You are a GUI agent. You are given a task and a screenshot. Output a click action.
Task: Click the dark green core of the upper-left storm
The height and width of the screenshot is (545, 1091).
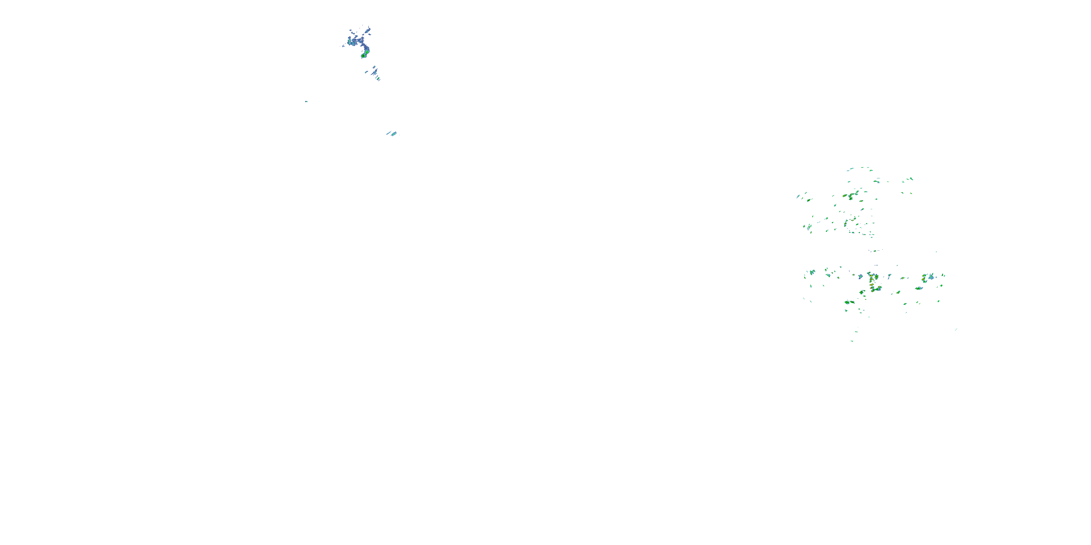tap(363, 55)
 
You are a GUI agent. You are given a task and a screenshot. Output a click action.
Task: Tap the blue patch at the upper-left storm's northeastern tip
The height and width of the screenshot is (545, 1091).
tap(368, 30)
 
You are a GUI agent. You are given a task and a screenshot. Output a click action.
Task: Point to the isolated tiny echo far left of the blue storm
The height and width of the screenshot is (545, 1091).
tap(306, 102)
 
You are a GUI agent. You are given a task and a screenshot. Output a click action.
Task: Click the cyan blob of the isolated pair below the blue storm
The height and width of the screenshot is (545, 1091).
tap(394, 134)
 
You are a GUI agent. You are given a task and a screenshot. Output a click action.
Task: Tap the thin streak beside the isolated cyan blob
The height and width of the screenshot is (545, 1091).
tap(388, 134)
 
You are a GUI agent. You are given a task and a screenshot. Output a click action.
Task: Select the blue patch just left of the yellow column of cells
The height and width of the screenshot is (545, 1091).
tap(860, 277)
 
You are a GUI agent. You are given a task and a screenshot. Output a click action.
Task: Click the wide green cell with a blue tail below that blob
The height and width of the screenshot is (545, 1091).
tap(919, 288)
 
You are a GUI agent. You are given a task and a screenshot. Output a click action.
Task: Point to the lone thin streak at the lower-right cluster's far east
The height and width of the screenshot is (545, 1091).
tap(956, 330)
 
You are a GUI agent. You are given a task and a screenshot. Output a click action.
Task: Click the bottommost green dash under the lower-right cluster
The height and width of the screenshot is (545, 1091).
tap(852, 341)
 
